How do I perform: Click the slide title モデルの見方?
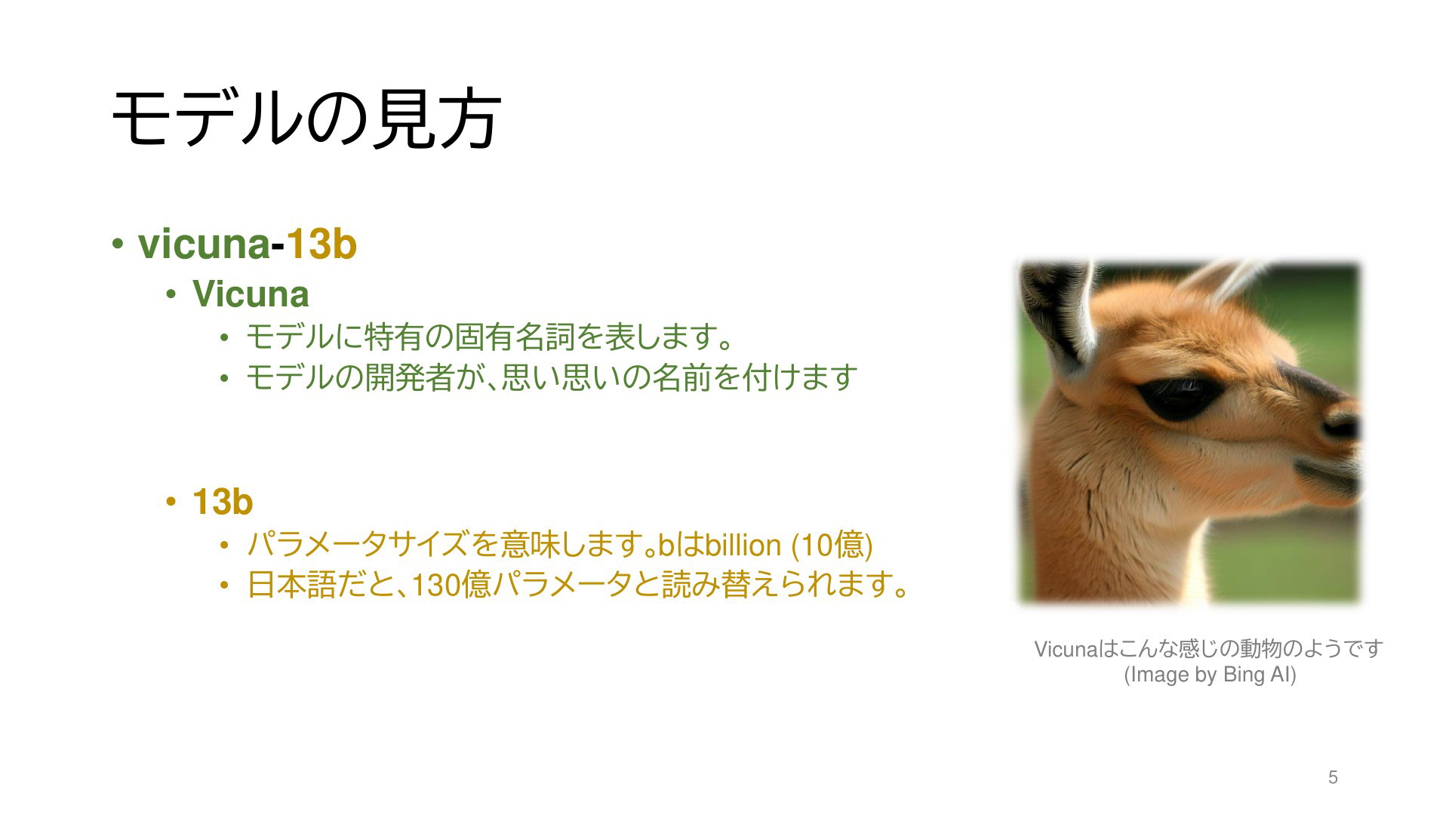[306, 118]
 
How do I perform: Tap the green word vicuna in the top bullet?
[204, 244]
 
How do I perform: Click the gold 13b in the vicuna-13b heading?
[321, 244]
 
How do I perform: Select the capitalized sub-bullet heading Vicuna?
[251, 294]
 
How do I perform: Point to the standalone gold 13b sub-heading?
[223, 503]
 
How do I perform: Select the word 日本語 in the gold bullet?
[291, 585]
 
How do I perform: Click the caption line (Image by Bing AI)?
[1210, 675]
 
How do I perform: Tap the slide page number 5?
[1333, 777]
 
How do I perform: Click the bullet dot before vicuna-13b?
[117, 244]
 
